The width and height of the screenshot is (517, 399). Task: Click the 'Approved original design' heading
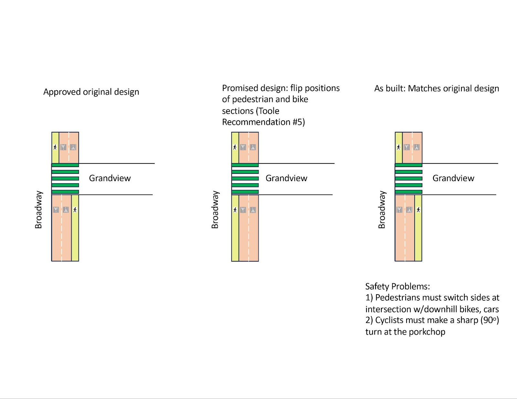[x=91, y=92]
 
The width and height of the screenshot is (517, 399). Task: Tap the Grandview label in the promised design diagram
[x=286, y=178]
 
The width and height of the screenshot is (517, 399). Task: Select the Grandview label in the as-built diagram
[x=453, y=178]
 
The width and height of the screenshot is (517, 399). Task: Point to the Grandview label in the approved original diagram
[x=110, y=178]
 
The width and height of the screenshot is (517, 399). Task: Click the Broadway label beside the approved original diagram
[x=38, y=210]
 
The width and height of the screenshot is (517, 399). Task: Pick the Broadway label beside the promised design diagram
[x=215, y=210]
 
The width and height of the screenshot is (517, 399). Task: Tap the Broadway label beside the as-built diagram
[x=382, y=210]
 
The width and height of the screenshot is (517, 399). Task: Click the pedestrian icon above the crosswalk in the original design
[x=55, y=147]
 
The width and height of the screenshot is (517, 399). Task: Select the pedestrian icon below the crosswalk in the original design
[x=75, y=210]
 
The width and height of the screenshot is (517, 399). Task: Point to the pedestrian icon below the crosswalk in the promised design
[x=235, y=210]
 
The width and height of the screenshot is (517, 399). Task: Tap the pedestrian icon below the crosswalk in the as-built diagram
[x=418, y=210]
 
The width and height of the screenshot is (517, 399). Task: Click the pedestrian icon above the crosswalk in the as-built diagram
[x=398, y=147]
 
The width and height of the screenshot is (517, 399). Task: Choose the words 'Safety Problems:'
[x=397, y=286]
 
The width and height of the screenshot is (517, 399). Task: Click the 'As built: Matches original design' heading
[x=437, y=88]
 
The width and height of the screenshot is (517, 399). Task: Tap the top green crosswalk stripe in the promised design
[x=245, y=165]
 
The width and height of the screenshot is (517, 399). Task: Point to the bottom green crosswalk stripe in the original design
[x=65, y=192]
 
